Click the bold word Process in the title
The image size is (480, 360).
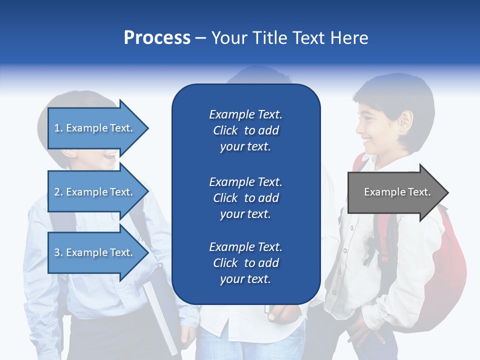click(x=157, y=38)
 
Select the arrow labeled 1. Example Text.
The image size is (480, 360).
click(x=98, y=128)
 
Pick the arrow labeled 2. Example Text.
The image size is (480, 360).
click(x=98, y=191)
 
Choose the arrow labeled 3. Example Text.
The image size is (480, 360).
click(x=98, y=252)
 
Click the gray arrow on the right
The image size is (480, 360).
click(x=398, y=192)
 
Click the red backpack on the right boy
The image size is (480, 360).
click(x=441, y=269)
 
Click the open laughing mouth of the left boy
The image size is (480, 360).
click(x=110, y=157)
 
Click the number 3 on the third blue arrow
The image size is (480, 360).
click(x=57, y=252)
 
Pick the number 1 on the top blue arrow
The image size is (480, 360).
click(x=56, y=128)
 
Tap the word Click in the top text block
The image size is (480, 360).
click(x=225, y=130)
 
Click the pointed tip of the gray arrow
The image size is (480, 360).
click(x=448, y=192)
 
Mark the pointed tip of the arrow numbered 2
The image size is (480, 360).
click(x=148, y=191)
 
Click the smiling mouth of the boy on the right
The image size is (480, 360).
click(x=366, y=141)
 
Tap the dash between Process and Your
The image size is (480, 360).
click(x=201, y=39)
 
